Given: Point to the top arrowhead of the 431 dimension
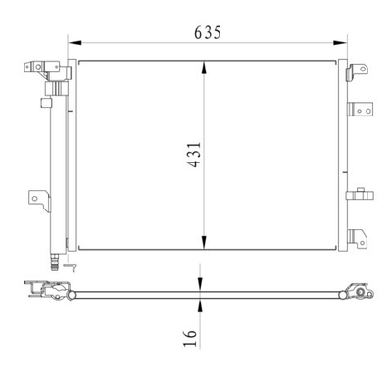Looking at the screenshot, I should pos(203,65).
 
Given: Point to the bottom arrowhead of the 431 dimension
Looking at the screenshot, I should pos(203,245).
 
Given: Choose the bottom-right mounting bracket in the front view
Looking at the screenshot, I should pos(361,238).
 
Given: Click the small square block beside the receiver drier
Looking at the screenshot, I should pos(45,101).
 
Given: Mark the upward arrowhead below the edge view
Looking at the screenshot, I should pos(201,302).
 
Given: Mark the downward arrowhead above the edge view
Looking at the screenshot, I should pos(201,283).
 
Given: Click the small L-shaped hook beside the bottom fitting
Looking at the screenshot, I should pos(68,263).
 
